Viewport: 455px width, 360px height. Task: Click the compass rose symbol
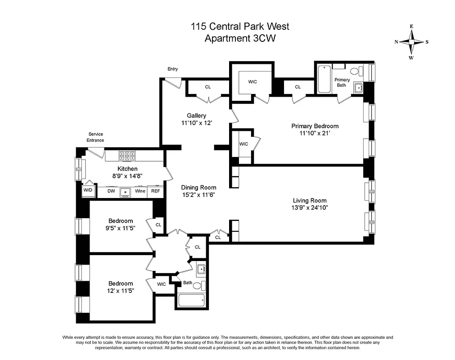click(411, 42)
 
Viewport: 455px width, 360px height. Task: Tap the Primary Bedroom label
click(315, 126)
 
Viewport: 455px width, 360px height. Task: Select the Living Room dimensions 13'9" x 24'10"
click(309, 208)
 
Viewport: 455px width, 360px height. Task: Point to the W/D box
click(87, 190)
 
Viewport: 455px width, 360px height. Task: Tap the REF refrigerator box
click(155, 191)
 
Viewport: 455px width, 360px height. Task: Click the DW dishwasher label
click(111, 191)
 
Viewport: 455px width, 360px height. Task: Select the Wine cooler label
click(140, 191)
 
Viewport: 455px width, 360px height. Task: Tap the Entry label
click(172, 69)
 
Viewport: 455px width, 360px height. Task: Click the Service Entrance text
click(95, 137)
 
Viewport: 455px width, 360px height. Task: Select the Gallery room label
click(197, 116)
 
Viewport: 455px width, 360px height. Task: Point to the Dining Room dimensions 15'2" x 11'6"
click(198, 195)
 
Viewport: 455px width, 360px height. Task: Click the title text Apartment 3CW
click(240, 38)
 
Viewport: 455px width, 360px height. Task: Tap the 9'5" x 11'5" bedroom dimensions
click(121, 228)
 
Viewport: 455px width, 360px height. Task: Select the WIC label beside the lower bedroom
click(161, 284)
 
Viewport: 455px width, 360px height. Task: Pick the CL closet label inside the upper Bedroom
click(158, 225)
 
